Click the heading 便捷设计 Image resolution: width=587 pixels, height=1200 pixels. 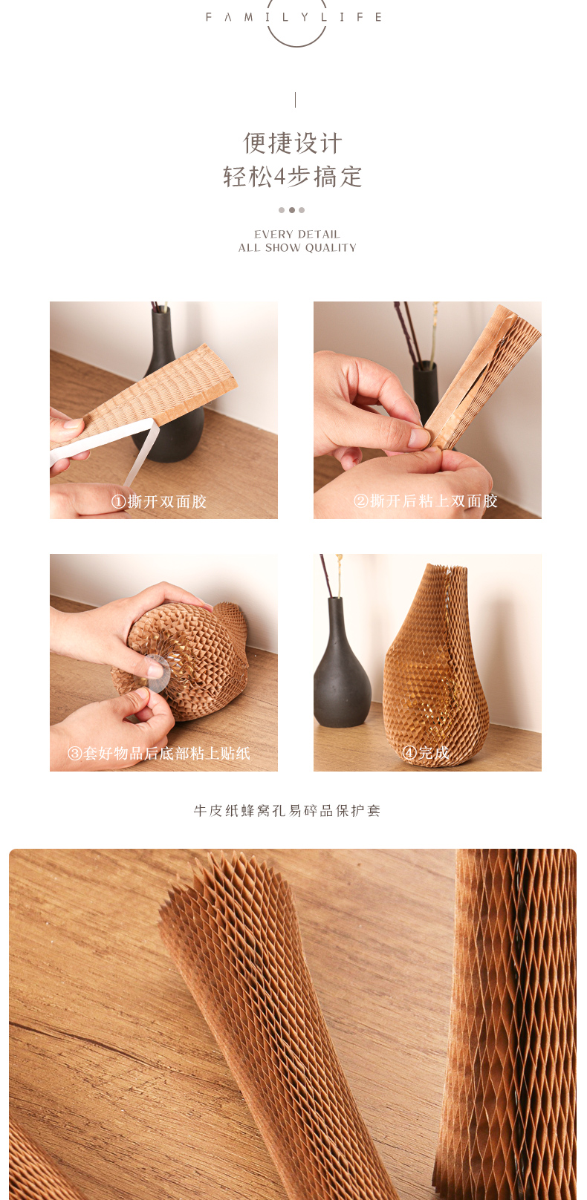tap(293, 143)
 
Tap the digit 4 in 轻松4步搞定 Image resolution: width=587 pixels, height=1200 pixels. tap(280, 177)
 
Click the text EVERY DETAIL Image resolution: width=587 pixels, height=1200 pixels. tap(297, 234)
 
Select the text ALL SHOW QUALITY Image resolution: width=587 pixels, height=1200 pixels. tap(297, 247)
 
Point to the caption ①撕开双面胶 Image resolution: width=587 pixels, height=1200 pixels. tap(159, 501)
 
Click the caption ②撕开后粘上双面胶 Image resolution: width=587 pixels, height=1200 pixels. tap(426, 501)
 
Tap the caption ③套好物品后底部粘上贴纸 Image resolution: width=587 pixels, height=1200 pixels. tap(159, 753)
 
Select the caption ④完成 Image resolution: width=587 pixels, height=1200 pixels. tap(426, 753)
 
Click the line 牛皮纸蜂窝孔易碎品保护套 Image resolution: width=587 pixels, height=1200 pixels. tap(288, 811)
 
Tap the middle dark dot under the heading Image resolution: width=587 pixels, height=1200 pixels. tap(291, 210)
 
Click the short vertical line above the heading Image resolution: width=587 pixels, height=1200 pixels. tap(295, 100)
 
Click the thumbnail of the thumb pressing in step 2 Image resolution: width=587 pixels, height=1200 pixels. tap(418, 437)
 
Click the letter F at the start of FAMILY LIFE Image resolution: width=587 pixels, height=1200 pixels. tap(209, 17)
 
